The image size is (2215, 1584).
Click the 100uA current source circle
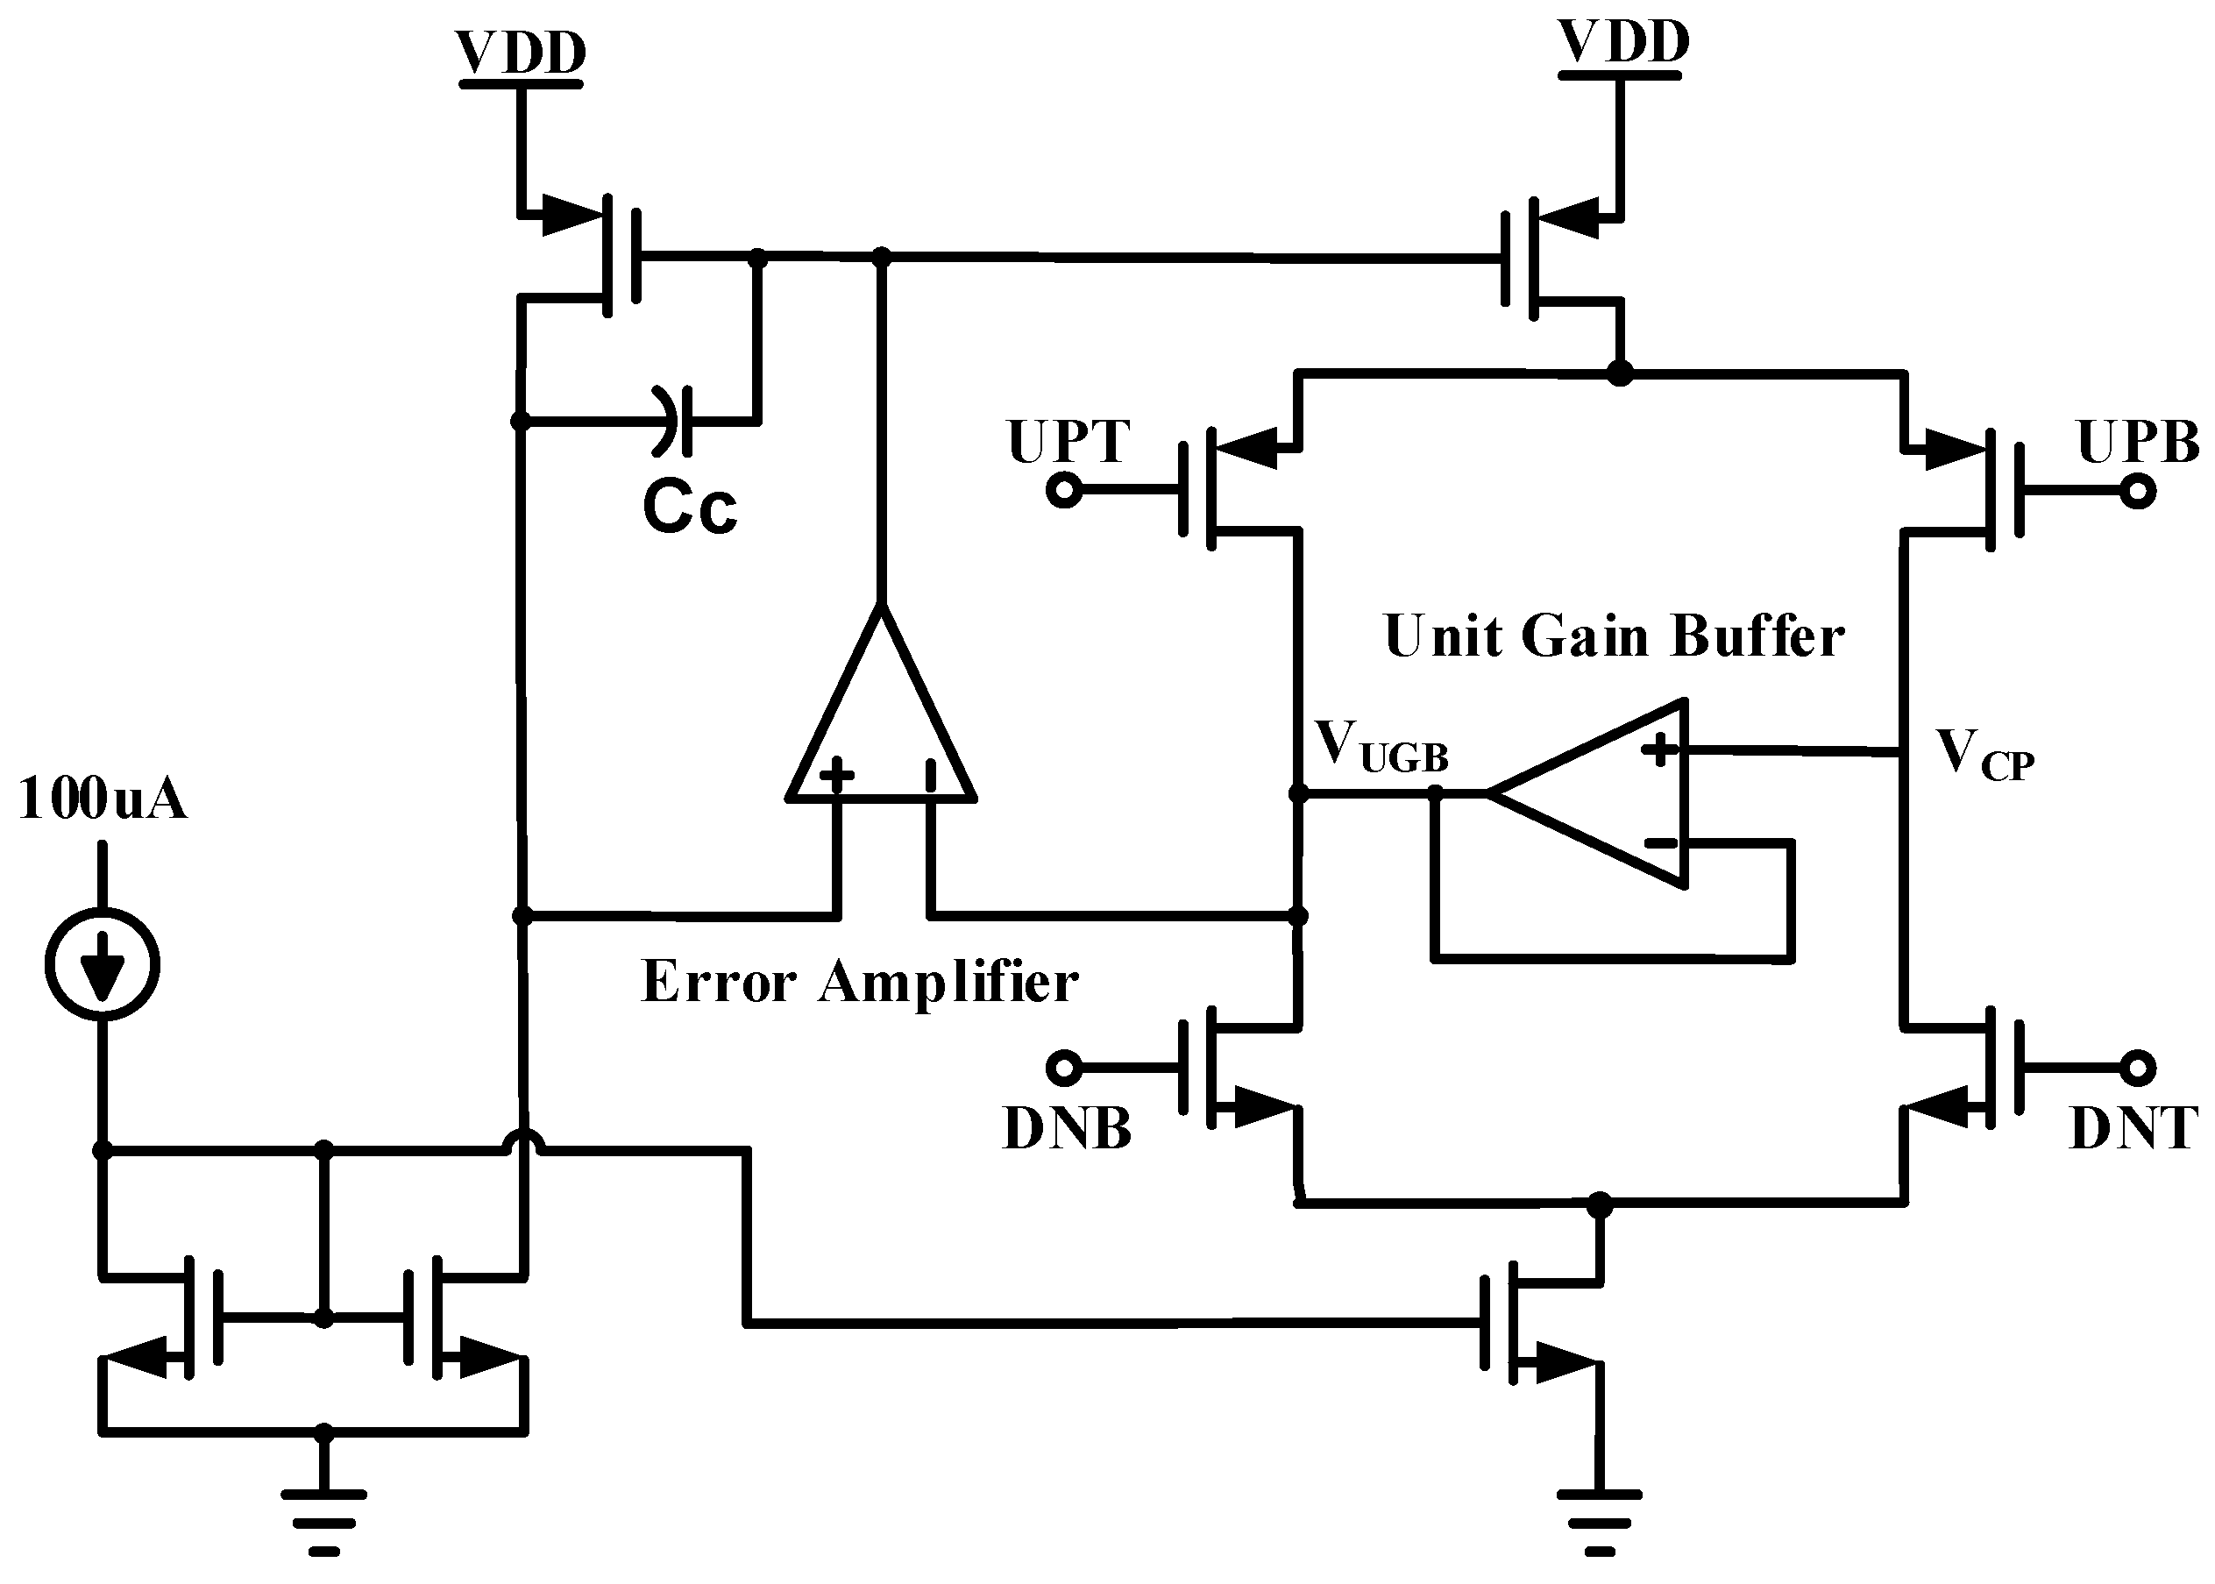pyautogui.click(x=102, y=963)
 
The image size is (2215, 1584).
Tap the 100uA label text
pyautogui.click(x=102, y=798)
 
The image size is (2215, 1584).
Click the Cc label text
pyautogui.click(x=690, y=508)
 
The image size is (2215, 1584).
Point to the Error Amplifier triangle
pyautogui.click(x=881, y=721)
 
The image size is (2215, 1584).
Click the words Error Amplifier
pyautogui.click(x=858, y=981)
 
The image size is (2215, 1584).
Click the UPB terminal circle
pyautogui.click(x=2137, y=491)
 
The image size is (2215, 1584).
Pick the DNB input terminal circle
pyautogui.click(x=1063, y=1068)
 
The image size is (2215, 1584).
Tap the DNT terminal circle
pyautogui.click(x=2137, y=1068)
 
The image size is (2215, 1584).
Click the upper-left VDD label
pyautogui.click(x=520, y=53)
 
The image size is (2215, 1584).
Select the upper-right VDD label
pyautogui.click(x=1623, y=44)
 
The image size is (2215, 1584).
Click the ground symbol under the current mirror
pyautogui.click(x=323, y=1522)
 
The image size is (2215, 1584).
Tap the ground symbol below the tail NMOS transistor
pyautogui.click(x=1600, y=1522)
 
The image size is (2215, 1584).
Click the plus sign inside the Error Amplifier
pyautogui.click(x=836, y=776)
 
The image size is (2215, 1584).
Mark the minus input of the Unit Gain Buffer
pyautogui.click(x=1660, y=842)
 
